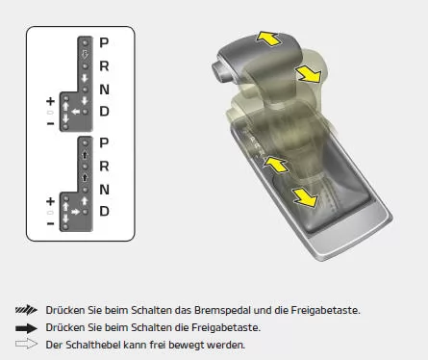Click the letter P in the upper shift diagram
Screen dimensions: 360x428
(105, 43)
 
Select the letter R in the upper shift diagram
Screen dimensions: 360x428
(105, 66)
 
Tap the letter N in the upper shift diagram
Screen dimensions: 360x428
(105, 89)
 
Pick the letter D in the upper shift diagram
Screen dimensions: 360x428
(105, 111)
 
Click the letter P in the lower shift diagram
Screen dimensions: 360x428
(105, 143)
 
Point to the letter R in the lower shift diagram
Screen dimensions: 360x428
(105, 166)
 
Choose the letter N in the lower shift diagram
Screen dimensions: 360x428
(105, 189)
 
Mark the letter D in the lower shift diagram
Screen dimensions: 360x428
(105, 211)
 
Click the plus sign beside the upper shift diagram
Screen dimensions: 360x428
(50, 101)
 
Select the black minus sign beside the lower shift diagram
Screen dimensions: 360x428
(50, 224)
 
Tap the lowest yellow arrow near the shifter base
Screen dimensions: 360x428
(305, 198)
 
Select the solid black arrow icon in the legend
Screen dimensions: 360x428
(27, 328)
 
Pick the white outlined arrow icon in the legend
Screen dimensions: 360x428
(27, 345)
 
